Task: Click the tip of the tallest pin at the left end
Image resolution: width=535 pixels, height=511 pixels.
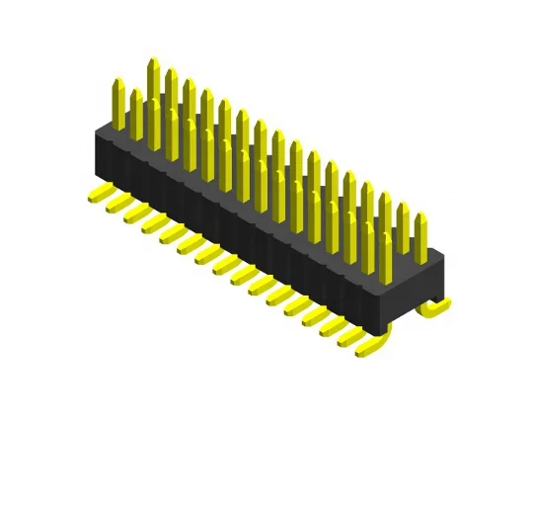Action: pos(153,61)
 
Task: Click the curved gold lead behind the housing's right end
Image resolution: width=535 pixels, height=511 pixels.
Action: pos(433,307)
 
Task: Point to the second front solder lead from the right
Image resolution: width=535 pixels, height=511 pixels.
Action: pos(350,336)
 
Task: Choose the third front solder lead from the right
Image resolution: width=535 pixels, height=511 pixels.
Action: pos(332,325)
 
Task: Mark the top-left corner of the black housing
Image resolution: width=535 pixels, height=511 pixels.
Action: pos(96,129)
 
